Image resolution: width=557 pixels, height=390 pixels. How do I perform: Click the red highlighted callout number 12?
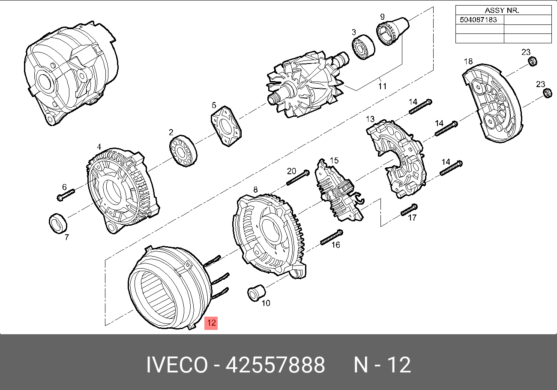(x=211, y=323)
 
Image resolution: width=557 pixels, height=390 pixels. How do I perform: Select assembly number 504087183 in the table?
(x=478, y=20)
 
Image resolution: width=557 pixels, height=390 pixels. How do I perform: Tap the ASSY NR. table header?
(x=502, y=10)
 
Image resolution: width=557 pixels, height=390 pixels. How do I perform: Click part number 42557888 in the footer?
(x=275, y=365)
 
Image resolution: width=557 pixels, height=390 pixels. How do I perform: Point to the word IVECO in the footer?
(x=177, y=365)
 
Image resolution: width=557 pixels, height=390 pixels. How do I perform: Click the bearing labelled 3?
(x=363, y=47)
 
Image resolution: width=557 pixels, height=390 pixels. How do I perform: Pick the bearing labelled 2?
(x=183, y=151)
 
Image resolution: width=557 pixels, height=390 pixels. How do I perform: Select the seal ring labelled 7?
(x=58, y=224)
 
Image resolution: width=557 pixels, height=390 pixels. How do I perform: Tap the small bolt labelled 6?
(x=66, y=195)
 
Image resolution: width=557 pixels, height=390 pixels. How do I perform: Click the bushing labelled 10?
(x=256, y=293)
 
